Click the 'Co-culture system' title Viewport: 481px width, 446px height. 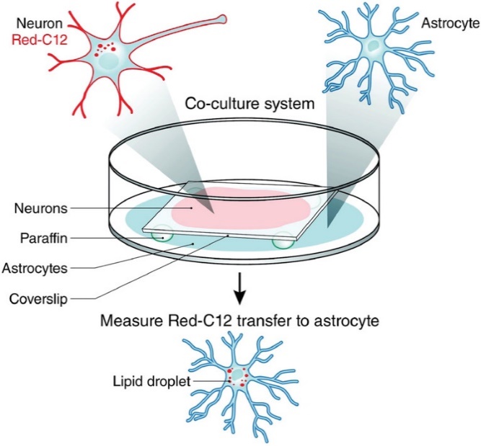point(250,104)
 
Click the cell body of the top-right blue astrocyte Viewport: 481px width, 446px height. point(373,48)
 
